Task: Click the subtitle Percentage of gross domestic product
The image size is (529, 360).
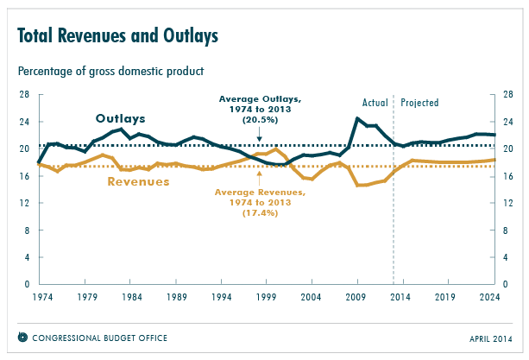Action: [x=110, y=69]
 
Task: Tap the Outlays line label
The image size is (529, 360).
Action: [x=120, y=118]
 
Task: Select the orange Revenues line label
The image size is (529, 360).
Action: [x=138, y=181]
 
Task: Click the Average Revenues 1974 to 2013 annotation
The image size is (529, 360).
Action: [x=260, y=201]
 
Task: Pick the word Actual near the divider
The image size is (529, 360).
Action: [x=375, y=103]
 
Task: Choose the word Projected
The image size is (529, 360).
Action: [x=419, y=103]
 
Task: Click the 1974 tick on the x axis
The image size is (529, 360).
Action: [x=39, y=296]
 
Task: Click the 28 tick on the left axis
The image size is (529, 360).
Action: [x=24, y=94]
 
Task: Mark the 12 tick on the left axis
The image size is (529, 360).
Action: [x=24, y=203]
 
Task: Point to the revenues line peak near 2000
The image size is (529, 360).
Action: [x=275, y=149]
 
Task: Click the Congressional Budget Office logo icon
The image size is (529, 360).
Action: [x=22, y=337]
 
